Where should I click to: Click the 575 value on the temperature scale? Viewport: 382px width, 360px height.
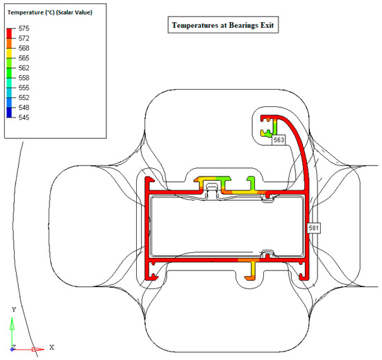pos(24,28)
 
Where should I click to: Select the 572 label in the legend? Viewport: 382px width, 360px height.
pos(24,38)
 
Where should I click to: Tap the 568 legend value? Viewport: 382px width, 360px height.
pos(24,48)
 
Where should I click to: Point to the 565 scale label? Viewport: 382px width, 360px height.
pos(24,58)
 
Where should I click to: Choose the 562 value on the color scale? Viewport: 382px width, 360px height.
pos(24,68)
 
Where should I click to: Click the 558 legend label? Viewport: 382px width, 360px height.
pos(24,78)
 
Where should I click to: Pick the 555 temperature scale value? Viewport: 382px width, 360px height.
pos(24,88)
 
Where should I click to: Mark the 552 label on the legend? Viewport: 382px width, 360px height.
pos(24,98)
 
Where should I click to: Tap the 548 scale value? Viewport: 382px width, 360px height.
pos(24,108)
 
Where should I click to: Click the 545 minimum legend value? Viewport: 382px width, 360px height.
pos(24,117)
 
